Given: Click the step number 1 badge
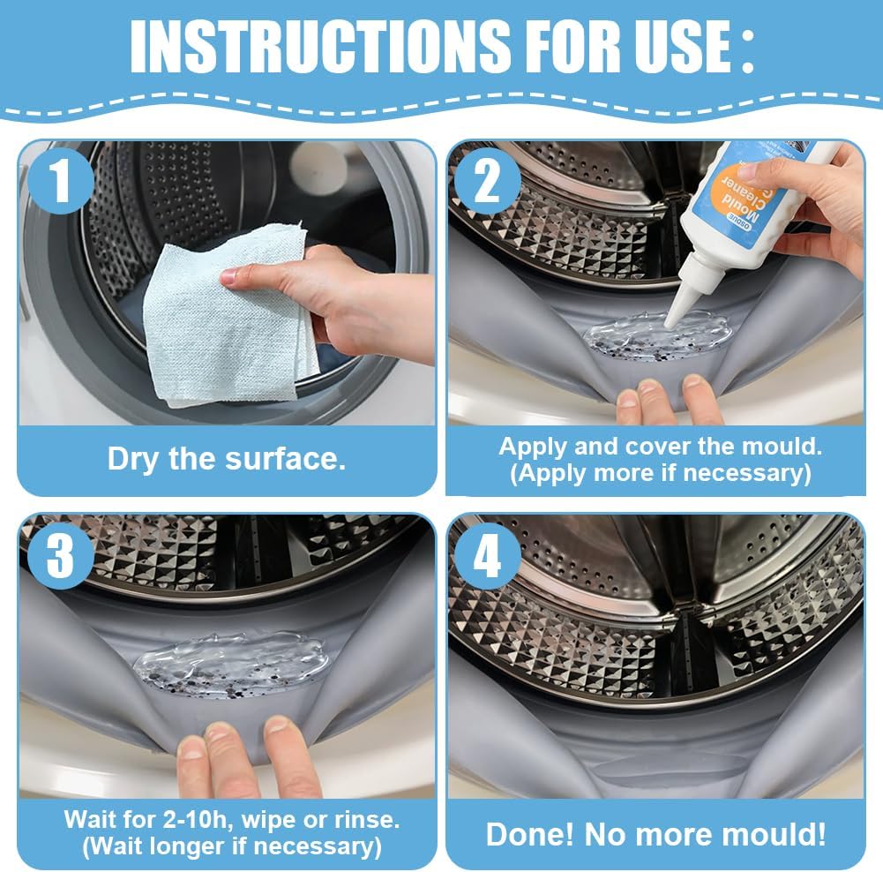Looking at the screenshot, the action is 61,182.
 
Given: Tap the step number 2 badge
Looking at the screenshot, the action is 488,182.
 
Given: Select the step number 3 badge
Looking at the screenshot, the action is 61,555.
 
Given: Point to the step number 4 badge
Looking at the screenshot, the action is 488,555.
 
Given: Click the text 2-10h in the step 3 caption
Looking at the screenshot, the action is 198,820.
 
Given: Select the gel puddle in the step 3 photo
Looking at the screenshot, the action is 231,664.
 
